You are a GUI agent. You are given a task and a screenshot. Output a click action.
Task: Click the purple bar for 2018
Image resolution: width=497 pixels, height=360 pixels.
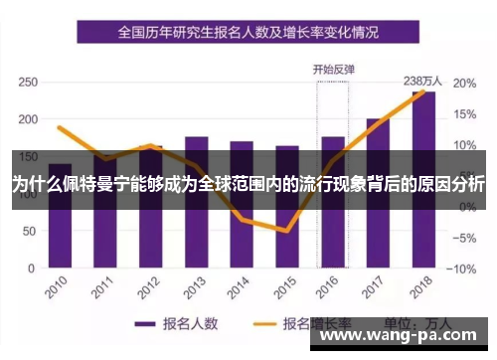pos(423,179)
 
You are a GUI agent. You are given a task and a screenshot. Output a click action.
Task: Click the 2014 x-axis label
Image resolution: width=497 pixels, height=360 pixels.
pos(238,289)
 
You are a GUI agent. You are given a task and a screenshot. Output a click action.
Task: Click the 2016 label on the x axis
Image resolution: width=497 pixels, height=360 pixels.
pos(328,289)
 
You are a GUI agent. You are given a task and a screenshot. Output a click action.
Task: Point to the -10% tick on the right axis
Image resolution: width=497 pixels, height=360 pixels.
pos(464,269)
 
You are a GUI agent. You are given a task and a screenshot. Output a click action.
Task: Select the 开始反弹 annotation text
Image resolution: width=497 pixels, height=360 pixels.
pos(334,69)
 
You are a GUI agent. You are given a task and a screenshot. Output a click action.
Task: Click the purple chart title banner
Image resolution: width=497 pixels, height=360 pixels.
pos(248,32)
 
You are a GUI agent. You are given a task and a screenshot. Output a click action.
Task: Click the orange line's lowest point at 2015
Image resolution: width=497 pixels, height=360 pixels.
pos(286,231)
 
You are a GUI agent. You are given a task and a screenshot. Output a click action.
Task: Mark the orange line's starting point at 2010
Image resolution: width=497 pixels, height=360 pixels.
pos(60,127)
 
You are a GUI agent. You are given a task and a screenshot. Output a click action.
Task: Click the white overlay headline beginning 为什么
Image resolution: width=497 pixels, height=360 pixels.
pos(248,185)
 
